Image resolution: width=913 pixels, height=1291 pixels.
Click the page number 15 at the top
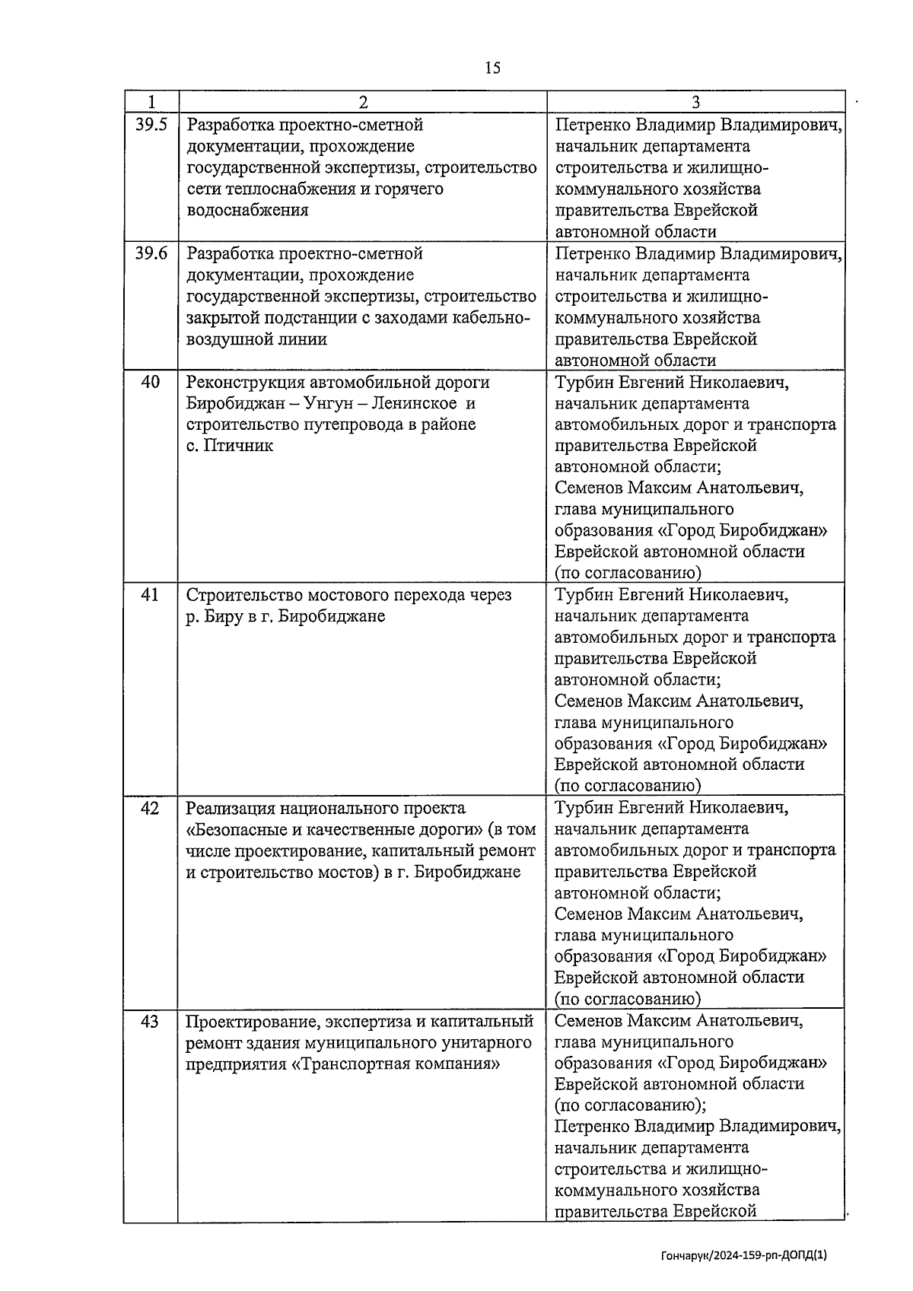tap(492, 68)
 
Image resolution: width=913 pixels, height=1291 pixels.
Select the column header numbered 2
tap(363, 102)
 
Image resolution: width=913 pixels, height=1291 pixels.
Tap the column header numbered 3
tap(695, 102)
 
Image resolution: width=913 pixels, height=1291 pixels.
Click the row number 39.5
tap(151, 125)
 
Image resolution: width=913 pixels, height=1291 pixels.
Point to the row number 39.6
tap(151, 253)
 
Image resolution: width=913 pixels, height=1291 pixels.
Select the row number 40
tap(151, 382)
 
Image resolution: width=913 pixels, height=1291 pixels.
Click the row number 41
tap(151, 595)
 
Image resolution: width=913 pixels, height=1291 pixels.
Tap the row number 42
tap(151, 808)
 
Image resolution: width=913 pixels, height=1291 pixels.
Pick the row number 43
tap(151, 1021)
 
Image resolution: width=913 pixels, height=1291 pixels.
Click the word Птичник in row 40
tap(240, 446)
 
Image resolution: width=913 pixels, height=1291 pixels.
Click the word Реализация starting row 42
tap(231, 808)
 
